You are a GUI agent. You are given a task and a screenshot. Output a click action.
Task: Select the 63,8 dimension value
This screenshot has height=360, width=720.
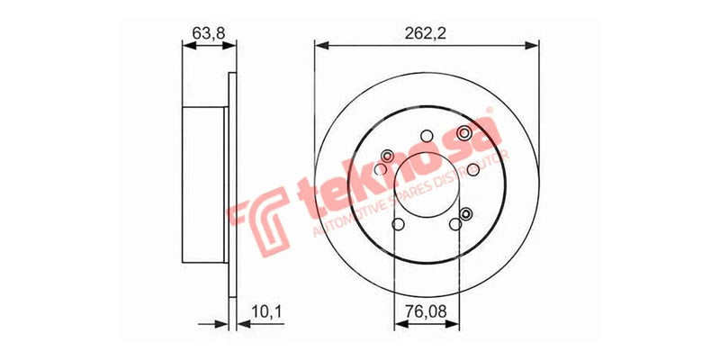pos(205,32)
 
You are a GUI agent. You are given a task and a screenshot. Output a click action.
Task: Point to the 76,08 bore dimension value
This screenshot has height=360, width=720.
pos(426,313)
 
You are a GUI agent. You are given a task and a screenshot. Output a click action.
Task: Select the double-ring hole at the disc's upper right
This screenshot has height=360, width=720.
pos(464,133)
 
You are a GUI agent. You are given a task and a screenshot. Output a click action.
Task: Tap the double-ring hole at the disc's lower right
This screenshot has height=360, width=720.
pos(466,213)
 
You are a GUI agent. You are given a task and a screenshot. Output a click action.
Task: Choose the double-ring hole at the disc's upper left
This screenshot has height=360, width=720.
pos(388,156)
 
